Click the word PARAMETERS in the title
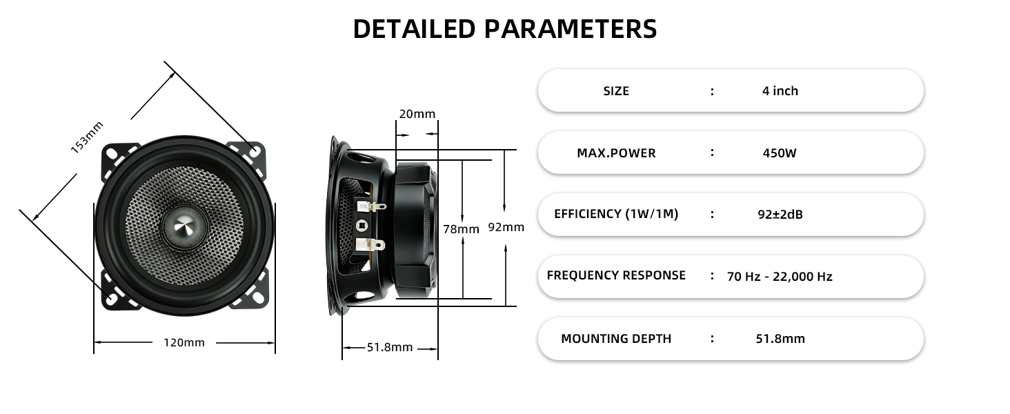click(x=571, y=29)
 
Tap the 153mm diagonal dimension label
click(x=87, y=137)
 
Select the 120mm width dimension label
click(x=184, y=343)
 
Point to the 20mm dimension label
click(x=417, y=114)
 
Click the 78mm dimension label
click(x=461, y=229)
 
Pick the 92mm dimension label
click(x=506, y=227)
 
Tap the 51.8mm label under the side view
click(x=390, y=347)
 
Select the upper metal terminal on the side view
click(x=370, y=206)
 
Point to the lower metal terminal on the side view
click(x=370, y=245)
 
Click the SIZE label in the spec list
click(x=616, y=91)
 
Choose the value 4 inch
click(x=780, y=90)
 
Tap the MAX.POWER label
click(x=616, y=153)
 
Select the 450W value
click(x=780, y=153)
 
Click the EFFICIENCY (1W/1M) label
click(x=616, y=214)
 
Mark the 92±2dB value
click(x=780, y=214)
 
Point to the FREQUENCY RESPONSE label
click(x=616, y=275)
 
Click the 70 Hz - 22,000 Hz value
click(x=780, y=277)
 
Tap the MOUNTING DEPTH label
click(x=616, y=339)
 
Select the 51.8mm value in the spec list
click(x=780, y=339)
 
